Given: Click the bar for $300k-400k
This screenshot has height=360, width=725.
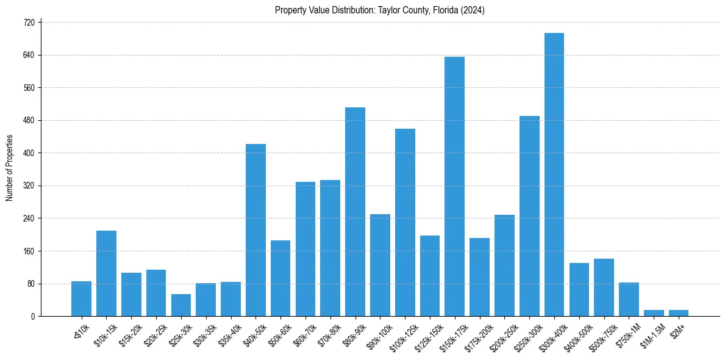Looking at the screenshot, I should (554, 175).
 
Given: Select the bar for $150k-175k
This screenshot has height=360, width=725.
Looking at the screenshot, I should (454, 186).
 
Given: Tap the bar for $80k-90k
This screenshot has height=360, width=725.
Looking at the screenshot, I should (355, 212).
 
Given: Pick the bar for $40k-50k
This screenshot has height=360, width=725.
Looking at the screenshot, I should (255, 230).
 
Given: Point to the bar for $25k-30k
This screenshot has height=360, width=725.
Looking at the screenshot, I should (180, 305).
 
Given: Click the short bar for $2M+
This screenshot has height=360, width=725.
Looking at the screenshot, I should (678, 313).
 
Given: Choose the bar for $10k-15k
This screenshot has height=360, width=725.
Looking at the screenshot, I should (106, 273).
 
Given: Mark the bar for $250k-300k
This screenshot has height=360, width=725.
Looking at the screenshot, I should (529, 216).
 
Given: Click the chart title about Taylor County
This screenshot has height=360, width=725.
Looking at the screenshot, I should (379, 10).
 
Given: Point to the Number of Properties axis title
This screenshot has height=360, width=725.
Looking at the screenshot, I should (9, 168).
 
